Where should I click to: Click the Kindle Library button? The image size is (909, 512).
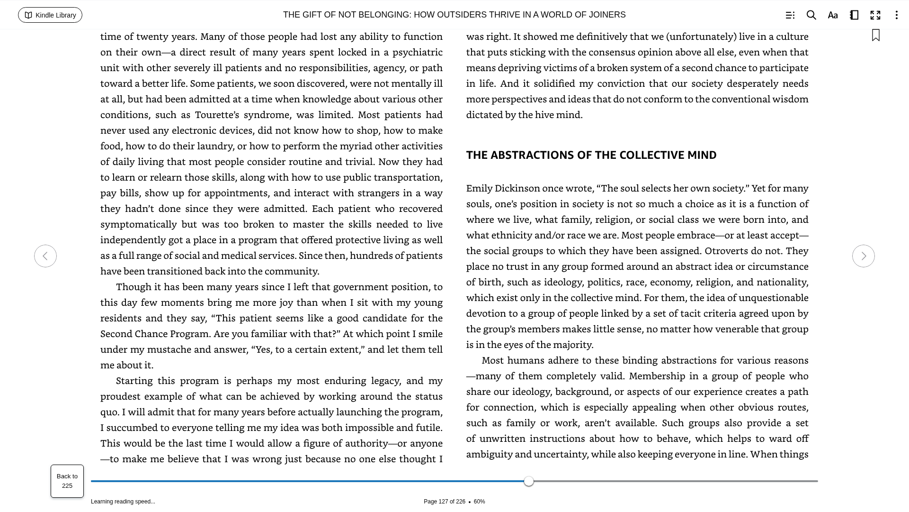pyautogui.click(x=50, y=15)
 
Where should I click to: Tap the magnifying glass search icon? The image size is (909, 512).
pyautogui.click(x=811, y=15)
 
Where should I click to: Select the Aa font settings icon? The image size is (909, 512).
pyautogui.click(x=833, y=15)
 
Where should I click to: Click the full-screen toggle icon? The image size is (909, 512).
pyautogui.click(x=875, y=15)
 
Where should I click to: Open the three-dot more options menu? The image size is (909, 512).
pyautogui.click(x=896, y=15)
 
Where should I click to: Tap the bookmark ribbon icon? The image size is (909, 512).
pyautogui.click(x=876, y=36)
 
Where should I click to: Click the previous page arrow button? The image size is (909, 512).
pyautogui.click(x=45, y=256)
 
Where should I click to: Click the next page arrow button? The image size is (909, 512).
pyautogui.click(x=863, y=256)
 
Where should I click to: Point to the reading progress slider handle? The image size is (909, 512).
pyautogui.click(x=529, y=481)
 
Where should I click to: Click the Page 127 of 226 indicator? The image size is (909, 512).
pyautogui.click(x=444, y=502)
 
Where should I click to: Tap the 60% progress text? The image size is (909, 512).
pyautogui.click(x=479, y=502)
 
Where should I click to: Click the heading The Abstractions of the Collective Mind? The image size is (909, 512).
pyautogui.click(x=591, y=155)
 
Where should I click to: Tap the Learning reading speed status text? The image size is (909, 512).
pyautogui.click(x=123, y=502)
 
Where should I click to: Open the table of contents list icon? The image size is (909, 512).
pyautogui.click(x=790, y=15)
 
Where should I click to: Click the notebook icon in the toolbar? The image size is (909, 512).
pyautogui.click(x=854, y=15)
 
